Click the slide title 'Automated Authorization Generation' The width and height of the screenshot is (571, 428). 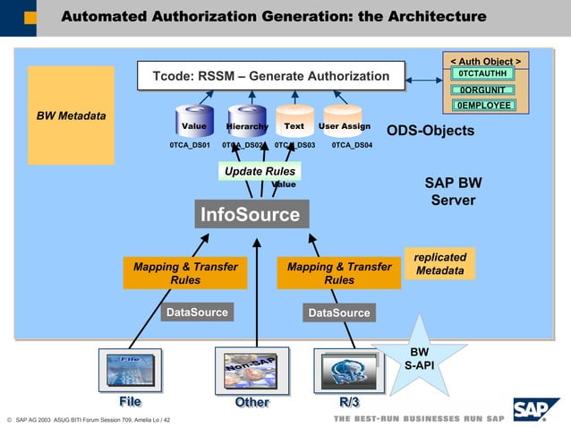(274, 17)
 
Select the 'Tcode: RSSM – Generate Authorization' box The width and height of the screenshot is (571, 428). (271, 76)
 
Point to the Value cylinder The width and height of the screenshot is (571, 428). (194, 124)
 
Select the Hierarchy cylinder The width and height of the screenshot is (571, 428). (245, 124)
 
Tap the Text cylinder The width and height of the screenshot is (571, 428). (294, 124)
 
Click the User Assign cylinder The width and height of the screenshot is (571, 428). (344, 124)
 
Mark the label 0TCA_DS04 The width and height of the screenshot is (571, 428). (352, 145)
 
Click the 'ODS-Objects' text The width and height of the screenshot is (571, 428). (430, 131)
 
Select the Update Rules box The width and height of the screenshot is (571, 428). (260, 171)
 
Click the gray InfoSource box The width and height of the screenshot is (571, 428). (250, 215)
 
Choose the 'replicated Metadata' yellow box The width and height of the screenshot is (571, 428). (439, 263)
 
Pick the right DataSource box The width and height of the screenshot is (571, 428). (338, 312)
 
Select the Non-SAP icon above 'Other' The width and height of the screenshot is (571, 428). (251, 369)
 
